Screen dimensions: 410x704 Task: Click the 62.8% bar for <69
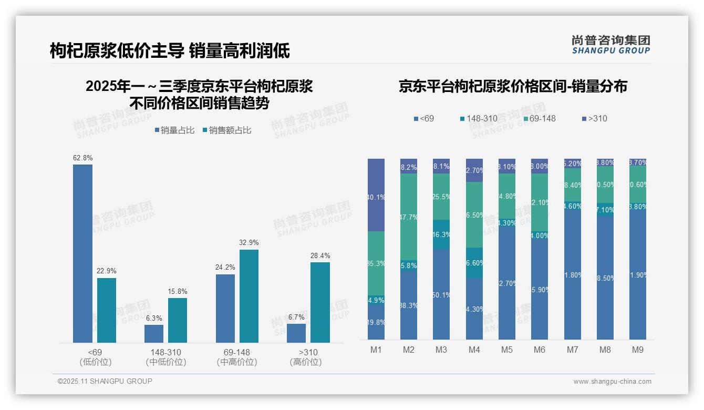(82, 253)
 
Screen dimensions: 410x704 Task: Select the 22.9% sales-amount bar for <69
(106, 310)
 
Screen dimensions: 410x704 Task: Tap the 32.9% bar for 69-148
(249, 296)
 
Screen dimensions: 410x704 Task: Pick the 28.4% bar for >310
(320, 302)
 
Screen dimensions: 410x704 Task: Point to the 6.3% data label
(154, 318)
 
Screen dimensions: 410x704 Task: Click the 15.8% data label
(178, 291)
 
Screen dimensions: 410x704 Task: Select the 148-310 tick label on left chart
(165, 352)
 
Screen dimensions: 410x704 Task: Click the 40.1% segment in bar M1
(376, 195)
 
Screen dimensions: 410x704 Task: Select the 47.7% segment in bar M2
(409, 217)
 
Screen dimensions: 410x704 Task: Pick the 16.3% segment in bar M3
(441, 234)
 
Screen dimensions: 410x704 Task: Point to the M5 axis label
(506, 350)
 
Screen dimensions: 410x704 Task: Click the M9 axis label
(637, 350)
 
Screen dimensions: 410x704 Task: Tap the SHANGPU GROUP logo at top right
(610, 44)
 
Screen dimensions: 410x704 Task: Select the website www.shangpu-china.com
(612, 382)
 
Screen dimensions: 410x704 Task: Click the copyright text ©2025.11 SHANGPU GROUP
(105, 381)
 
